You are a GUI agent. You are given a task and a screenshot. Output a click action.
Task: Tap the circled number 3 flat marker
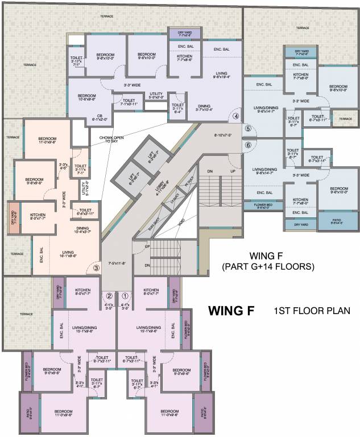[x=97, y=266]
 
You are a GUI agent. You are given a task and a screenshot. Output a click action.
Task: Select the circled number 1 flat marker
[x=126, y=295]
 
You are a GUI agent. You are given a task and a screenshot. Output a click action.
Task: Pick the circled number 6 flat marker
[x=248, y=145]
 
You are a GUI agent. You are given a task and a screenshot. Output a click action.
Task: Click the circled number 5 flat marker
[x=248, y=129]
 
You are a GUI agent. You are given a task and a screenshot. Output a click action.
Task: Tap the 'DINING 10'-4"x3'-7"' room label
[x=82, y=229]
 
